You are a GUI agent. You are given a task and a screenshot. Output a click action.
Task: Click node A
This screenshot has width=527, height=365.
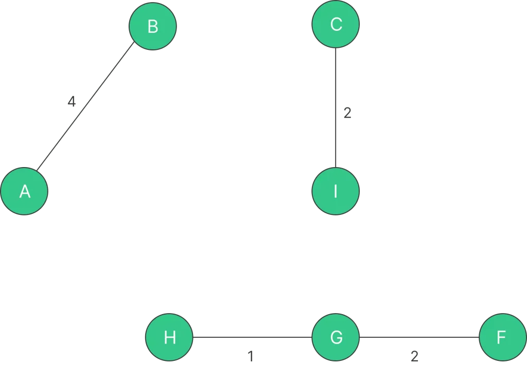click(x=24, y=191)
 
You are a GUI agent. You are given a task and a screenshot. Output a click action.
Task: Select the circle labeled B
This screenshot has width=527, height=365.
click(x=152, y=26)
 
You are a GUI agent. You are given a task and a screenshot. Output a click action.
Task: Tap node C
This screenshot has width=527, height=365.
click(x=336, y=24)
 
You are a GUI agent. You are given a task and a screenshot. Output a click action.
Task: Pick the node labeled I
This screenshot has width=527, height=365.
click(x=336, y=191)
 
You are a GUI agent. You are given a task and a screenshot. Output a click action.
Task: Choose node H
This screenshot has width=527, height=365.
click(x=169, y=338)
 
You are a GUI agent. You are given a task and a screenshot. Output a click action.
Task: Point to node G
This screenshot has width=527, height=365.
click(x=336, y=338)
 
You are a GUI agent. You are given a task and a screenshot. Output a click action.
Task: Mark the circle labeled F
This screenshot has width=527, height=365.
click(x=502, y=338)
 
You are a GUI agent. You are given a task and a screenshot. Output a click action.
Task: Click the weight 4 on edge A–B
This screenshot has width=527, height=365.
click(x=72, y=102)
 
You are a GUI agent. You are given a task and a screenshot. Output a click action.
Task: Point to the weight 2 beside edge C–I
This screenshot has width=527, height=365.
click(x=347, y=113)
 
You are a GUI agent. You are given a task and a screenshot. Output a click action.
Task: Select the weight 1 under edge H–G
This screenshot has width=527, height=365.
click(x=250, y=356)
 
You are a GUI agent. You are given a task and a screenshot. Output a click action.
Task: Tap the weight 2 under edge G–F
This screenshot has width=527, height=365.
click(x=414, y=356)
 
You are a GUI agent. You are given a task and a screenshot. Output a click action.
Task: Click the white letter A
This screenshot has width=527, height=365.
click(x=24, y=192)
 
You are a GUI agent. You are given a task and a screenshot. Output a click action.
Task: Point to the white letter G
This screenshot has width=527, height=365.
click(x=336, y=338)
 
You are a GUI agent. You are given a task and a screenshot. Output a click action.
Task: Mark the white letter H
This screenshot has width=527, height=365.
click(x=169, y=338)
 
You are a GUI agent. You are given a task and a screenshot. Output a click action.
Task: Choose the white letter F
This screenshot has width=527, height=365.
click(x=502, y=338)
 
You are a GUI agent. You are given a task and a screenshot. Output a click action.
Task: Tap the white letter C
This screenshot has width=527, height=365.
click(x=336, y=24)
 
